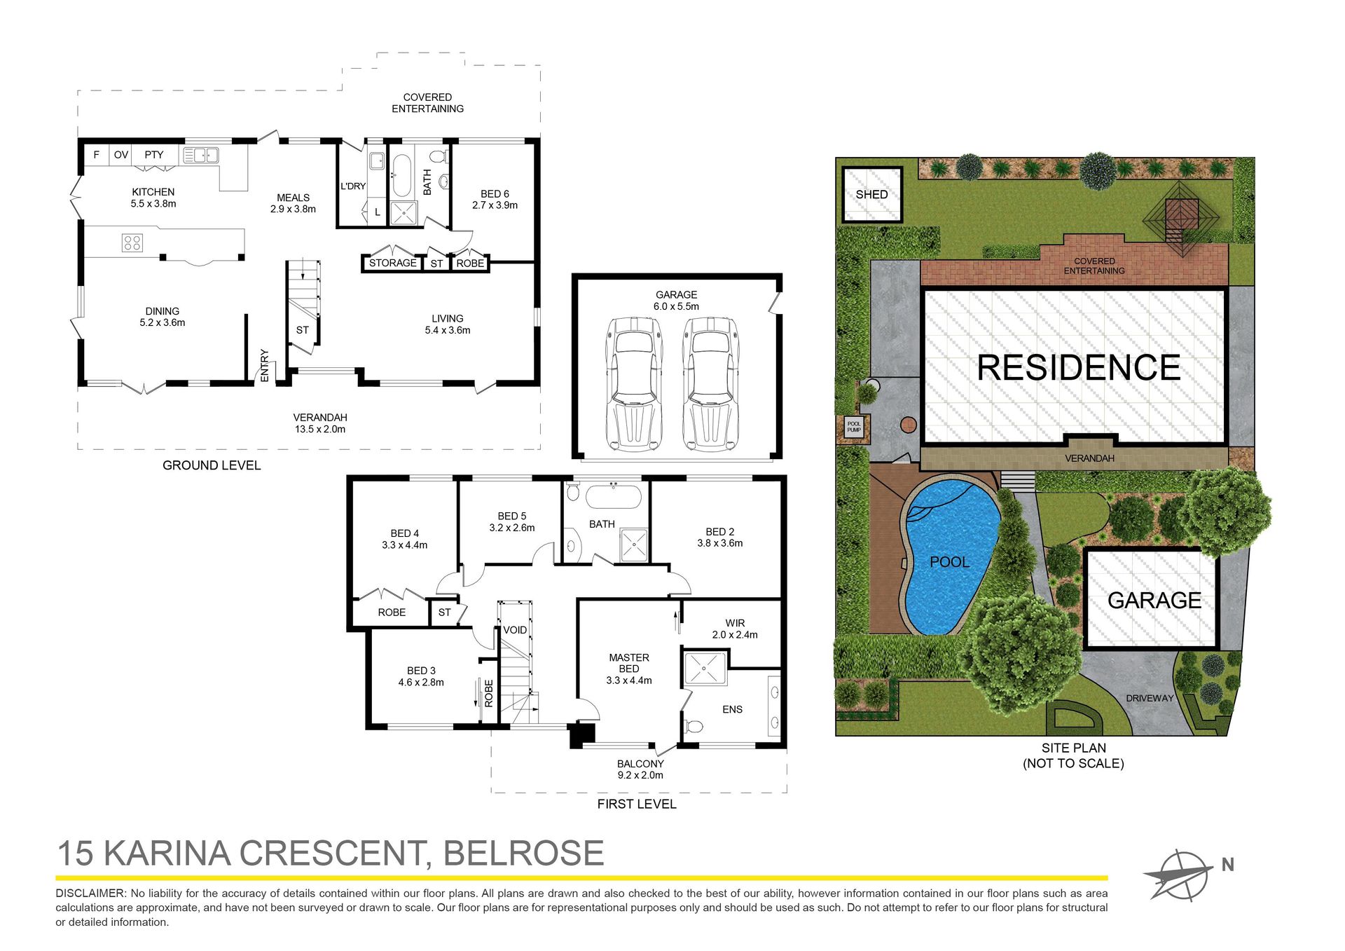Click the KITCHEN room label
153,192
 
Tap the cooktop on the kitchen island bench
132,243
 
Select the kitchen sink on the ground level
201,155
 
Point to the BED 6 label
495,194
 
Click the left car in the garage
634,384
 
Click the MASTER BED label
629,663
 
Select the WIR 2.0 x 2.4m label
735,629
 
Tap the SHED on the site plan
871,194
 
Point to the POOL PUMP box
854,427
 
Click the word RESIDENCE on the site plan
1078,368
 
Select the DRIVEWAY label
1150,698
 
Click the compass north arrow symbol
1179,875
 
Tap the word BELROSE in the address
523,853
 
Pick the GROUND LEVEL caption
212,465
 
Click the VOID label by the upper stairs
515,630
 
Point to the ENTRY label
265,365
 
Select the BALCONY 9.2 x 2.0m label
640,769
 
